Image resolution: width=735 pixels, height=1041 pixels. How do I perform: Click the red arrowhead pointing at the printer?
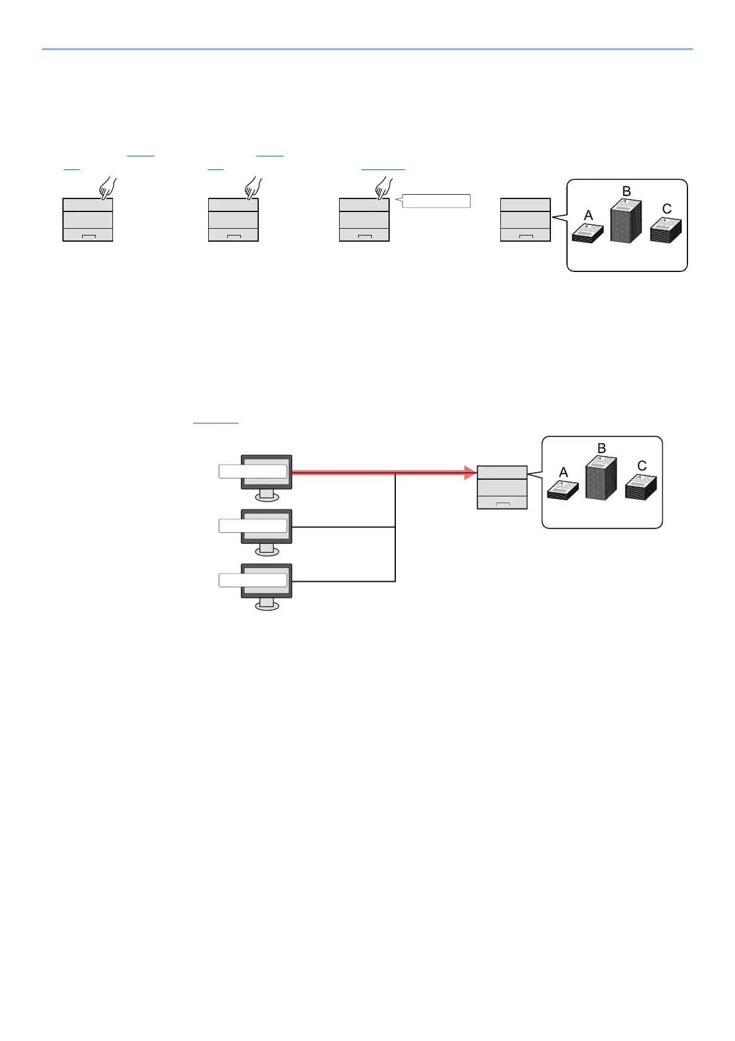tap(470, 473)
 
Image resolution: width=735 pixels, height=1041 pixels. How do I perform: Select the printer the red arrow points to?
tap(502, 488)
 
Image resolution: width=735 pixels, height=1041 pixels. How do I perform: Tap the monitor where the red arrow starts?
tap(266, 472)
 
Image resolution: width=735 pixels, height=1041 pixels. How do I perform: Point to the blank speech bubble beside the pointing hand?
tap(436, 201)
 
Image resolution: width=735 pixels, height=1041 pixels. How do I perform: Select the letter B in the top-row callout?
tap(626, 192)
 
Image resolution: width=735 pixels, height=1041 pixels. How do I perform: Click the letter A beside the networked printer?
tap(563, 473)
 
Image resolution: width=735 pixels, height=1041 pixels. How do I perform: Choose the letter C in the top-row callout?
tap(666, 209)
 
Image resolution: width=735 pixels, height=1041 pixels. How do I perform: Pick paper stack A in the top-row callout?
tap(587, 234)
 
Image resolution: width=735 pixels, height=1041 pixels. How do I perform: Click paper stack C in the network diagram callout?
tap(641, 487)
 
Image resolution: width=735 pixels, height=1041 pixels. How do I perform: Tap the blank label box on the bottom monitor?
tap(253, 580)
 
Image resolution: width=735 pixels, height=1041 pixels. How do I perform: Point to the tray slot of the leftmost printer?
tap(88, 236)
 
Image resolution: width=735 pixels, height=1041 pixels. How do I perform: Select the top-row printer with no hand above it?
tap(525, 219)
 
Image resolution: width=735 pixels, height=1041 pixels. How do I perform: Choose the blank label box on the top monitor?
tap(253, 472)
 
